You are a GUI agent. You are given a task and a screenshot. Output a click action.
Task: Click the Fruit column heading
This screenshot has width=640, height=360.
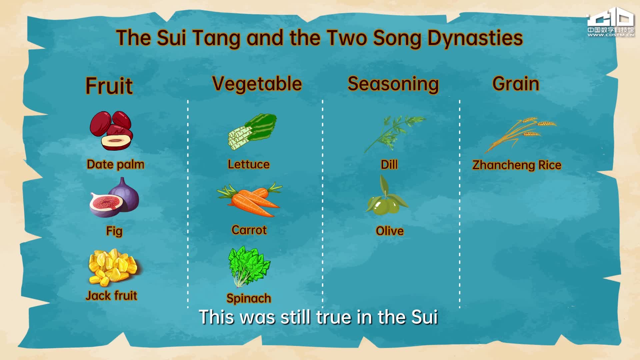coord(109,86)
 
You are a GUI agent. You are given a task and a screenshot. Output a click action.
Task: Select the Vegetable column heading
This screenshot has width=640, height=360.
coord(257,84)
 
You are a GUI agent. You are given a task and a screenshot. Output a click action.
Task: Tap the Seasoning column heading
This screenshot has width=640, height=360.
coord(393,84)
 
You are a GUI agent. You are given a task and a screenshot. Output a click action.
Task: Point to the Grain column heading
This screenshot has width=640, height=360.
coord(516,83)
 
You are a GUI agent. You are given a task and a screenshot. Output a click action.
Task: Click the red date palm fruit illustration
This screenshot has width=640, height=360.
coord(111,130)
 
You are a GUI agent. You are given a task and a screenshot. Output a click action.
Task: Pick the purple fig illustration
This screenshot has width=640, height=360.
coord(114,198)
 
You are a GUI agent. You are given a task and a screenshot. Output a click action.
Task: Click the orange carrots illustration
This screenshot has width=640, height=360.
coord(249,200)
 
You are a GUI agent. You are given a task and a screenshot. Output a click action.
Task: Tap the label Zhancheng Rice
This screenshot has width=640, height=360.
coord(517,165)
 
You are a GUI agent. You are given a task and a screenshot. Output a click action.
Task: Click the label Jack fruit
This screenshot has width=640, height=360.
coord(111,296)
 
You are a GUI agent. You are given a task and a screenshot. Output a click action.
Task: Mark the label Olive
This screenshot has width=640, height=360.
coord(390,231)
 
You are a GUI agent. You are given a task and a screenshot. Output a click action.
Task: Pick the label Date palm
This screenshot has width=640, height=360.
coord(115,164)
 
